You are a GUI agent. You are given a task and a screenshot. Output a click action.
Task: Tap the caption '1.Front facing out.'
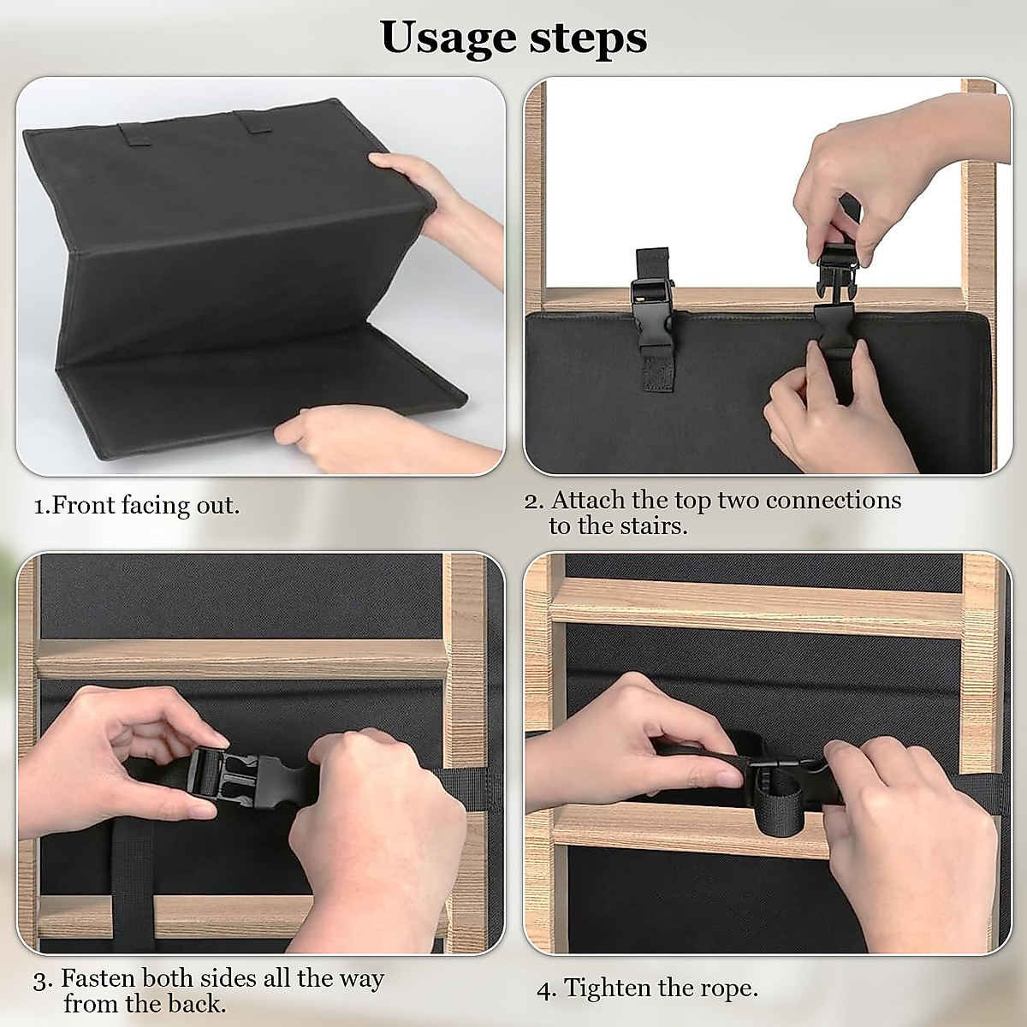[137, 505]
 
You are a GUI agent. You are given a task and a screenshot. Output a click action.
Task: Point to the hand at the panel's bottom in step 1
[342, 436]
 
